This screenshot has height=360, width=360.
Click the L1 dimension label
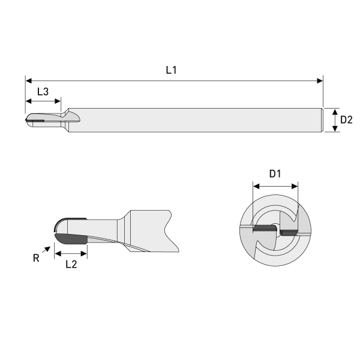coord(171,70)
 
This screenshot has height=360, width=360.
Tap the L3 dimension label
coord(43,92)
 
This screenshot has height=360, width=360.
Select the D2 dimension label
coord(346,119)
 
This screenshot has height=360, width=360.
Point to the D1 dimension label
coord(275,174)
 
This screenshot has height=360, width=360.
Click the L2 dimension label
coord(71,264)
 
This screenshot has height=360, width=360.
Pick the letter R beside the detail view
coord(36,259)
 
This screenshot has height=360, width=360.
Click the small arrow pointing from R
coord(47,248)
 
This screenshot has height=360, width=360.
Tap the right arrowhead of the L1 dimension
coord(319,80)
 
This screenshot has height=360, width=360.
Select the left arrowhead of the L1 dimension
coord(29,80)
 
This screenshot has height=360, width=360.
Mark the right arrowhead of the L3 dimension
coord(58,101)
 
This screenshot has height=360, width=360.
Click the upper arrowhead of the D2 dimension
coord(334,112)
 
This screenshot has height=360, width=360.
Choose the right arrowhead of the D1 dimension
coord(294,187)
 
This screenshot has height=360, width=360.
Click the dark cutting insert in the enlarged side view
coord(71,239)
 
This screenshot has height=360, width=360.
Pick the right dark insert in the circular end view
coord(289,231)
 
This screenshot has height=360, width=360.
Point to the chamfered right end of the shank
coord(322,119)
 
